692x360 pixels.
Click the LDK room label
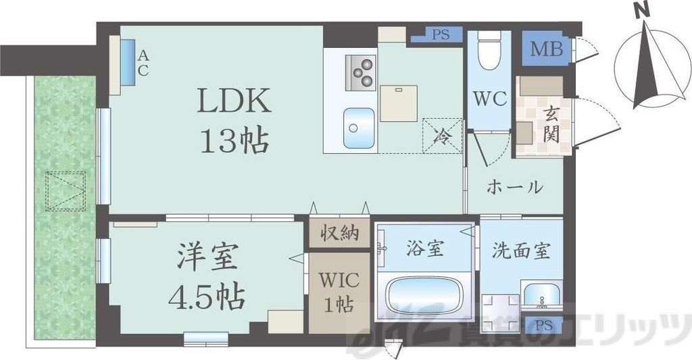tap(234, 101)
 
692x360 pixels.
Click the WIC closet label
tap(336, 280)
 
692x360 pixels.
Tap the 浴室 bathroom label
tap(425, 249)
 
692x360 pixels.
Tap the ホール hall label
tap(515, 186)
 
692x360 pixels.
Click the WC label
tap(489, 99)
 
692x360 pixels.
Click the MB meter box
tap(546, 49)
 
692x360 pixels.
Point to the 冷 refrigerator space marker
tap(442, 134)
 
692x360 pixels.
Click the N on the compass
tap(643, 11)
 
